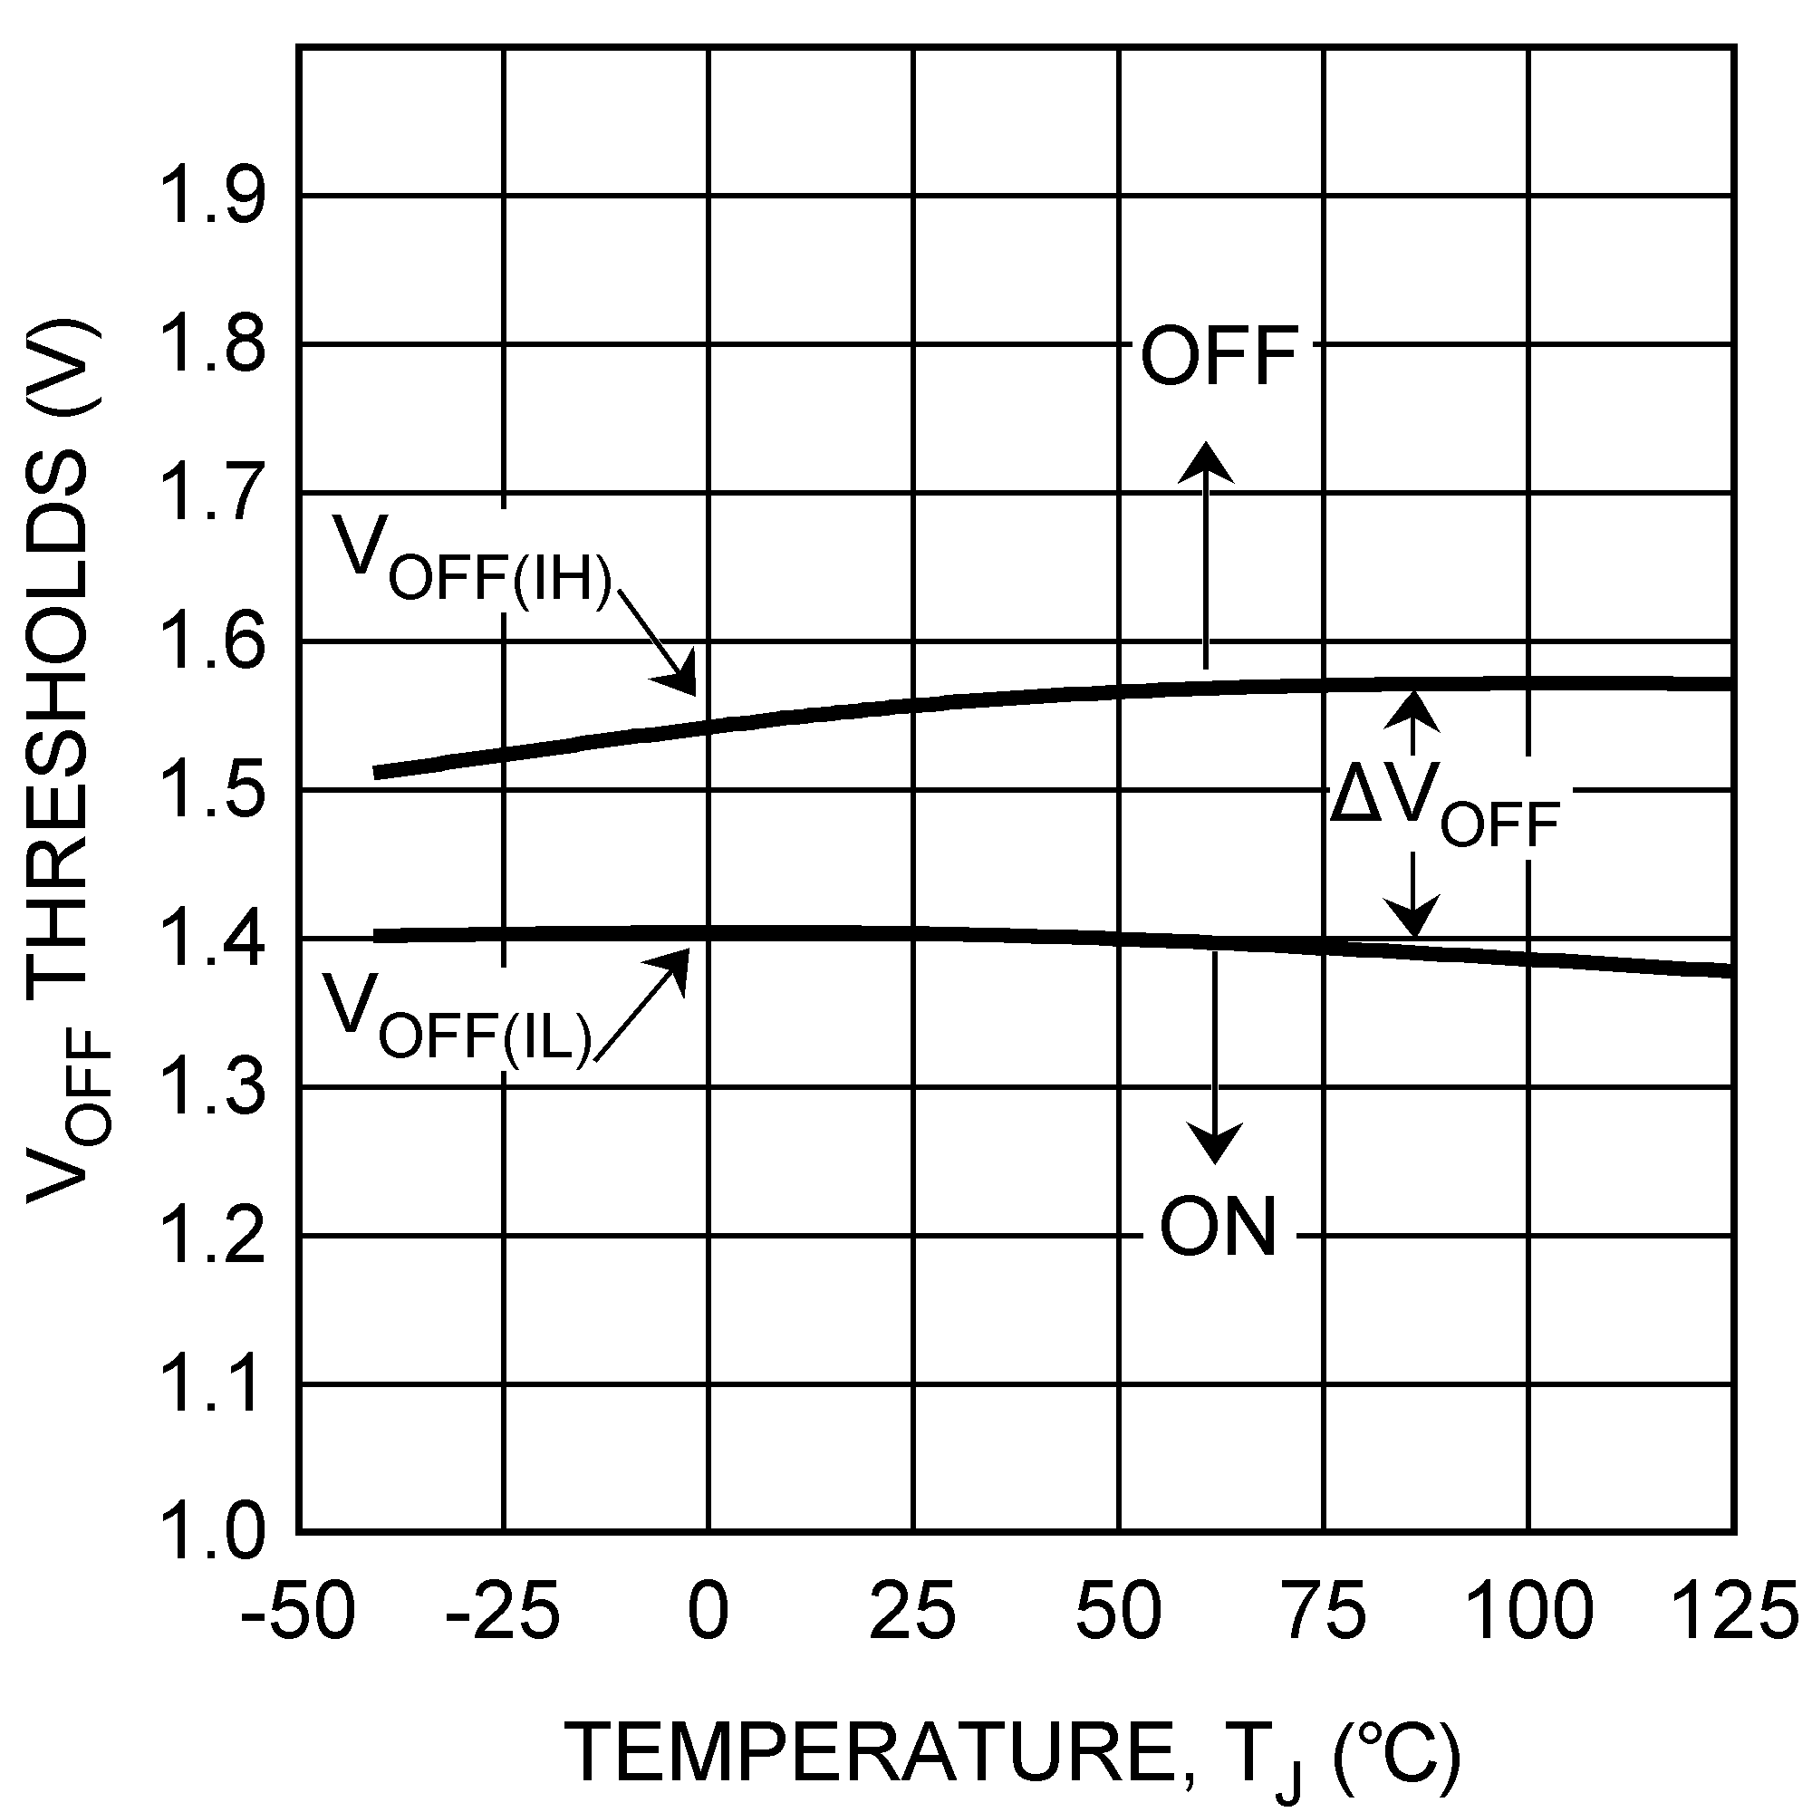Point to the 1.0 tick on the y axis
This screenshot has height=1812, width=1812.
pos(213,1533)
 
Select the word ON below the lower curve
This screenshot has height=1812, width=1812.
pos(1219,1228)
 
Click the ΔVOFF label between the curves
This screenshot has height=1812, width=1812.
pos(1444,808)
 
